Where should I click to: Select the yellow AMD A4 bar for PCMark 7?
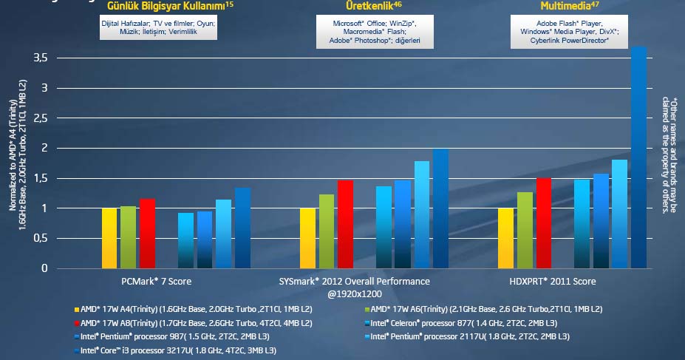[x=109, y=238]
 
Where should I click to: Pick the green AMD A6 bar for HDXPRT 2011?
[x=525, y=230]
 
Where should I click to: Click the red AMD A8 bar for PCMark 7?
[x=148, y=233]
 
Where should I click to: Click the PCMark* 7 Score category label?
[x=158, y=282]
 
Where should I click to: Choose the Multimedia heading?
[x=565, y=6]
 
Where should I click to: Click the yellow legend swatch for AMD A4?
[x=76, y=310]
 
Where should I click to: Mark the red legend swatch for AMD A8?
[x=76, y=323]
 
